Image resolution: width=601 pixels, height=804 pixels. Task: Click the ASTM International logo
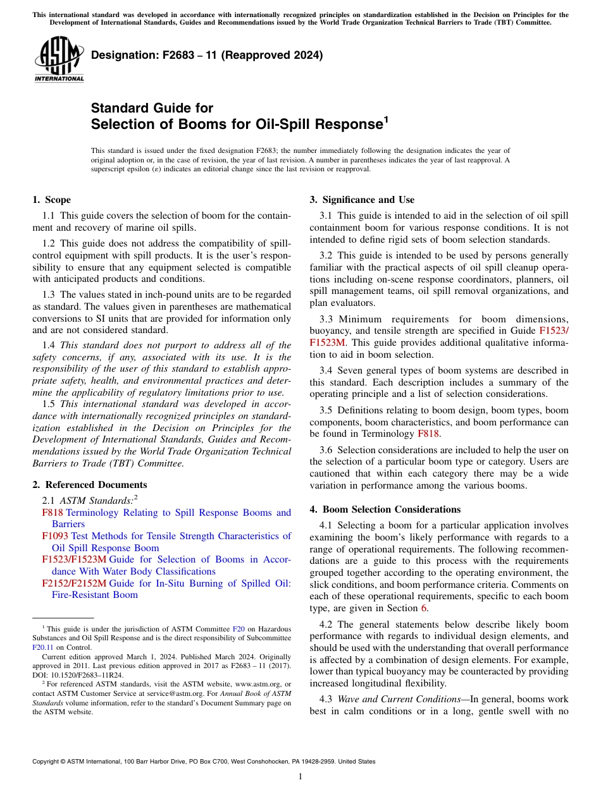(x=59, y=59)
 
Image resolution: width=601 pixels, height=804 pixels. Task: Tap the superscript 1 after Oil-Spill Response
(x=386, y=118)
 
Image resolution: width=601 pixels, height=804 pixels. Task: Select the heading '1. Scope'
(x=51, y=200)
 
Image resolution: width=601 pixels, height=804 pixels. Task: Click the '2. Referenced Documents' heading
(x=89, y=485)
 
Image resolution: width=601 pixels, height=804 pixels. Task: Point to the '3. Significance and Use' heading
(x=362, y=200)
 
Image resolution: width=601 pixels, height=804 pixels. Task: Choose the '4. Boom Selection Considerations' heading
(x=385, y=509)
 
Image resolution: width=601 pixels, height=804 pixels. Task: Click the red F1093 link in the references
(x=55, y=536)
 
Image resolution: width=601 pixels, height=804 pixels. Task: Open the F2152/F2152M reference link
(x=74, y=583)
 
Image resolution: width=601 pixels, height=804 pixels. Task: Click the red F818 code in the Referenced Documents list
(x=53, y=513)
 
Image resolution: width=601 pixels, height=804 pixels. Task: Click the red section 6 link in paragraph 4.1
(x=424, y=609)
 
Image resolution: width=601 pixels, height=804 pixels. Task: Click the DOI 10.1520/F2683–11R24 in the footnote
(x=78, y=674)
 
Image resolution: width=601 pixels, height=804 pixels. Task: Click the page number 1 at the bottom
(x=300, y=777)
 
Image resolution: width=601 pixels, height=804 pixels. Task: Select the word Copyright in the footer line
(x=46, y=762)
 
